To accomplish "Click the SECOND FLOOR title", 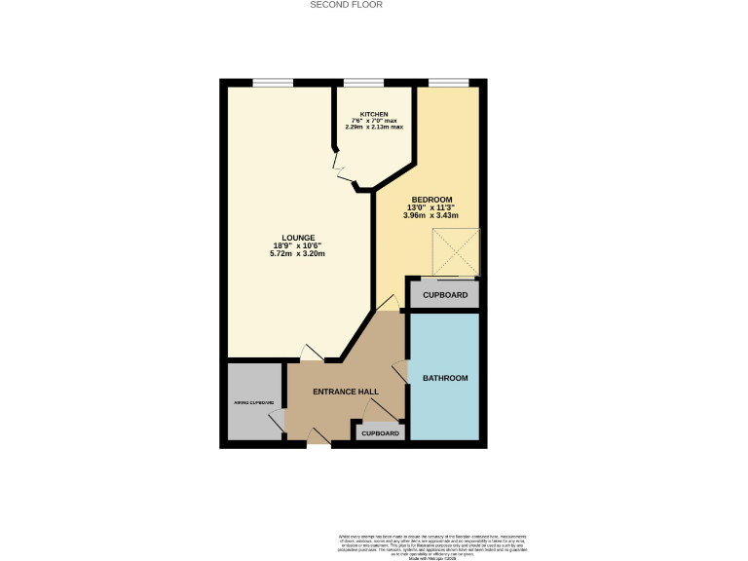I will click(346, 5).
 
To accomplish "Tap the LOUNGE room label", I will click(297, 237).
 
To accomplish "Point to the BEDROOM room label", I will click(431, 200).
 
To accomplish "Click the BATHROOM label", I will click(445, 378).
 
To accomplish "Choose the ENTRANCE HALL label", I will click(345, 392).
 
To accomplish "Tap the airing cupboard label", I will click(254, 402).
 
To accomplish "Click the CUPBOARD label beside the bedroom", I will click(445, 295).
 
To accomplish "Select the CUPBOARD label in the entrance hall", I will click(380, 433).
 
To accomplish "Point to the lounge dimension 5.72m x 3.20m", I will click(297, 253).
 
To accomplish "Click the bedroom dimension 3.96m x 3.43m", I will click(431, 215).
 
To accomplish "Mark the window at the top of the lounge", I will click(273, 83).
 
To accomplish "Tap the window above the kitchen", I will click(362, 83).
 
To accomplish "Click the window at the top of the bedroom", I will click(447, 83).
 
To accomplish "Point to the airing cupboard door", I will click(278, 422).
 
